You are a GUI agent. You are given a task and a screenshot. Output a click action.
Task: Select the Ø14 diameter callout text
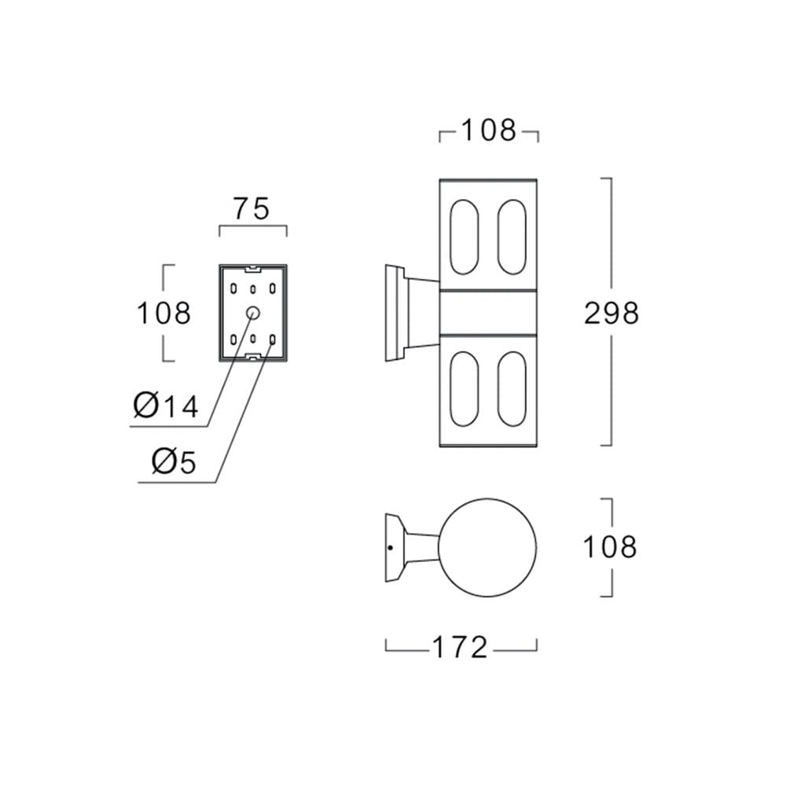coord(166,406)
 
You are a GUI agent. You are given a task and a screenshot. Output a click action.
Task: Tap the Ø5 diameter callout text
coord(174,461)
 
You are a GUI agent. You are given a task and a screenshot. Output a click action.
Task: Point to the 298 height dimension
coord(612,314)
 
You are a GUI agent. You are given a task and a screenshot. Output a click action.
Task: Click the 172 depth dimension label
coord(460,647)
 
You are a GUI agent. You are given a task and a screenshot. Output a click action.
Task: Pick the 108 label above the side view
coord(488,130)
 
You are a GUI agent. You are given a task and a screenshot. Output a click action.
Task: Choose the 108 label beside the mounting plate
coord(164,314)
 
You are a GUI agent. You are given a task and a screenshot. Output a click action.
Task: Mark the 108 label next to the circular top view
coord(610,546)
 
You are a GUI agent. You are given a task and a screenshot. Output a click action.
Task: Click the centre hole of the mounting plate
coord(253,313)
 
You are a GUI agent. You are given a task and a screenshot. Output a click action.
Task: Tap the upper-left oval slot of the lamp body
coord(465,237)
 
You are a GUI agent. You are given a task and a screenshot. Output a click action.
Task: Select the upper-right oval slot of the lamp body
coord(512,237)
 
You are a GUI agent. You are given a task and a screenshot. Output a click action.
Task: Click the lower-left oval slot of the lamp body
coord(465,389)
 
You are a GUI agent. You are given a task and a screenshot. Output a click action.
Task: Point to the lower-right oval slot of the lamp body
coord(512,389)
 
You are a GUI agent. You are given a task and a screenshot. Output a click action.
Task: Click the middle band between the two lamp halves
coord(488,312)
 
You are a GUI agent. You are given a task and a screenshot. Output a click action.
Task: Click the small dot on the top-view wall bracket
coord(391,547)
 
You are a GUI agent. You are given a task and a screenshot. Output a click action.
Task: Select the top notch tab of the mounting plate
coord(252,269)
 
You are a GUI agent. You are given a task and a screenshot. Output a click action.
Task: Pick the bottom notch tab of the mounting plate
coord(252,356)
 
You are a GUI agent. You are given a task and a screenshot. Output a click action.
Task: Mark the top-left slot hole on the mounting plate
coord(233,288)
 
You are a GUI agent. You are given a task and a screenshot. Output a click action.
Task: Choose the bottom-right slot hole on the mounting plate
coord(272,340)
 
